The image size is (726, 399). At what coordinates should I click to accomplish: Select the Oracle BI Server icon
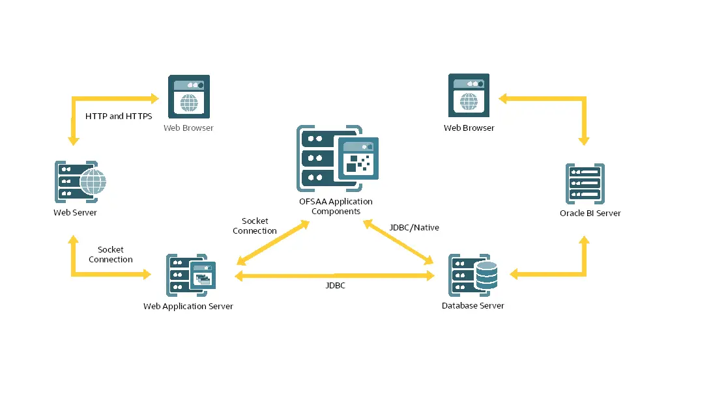(x=585, y=185)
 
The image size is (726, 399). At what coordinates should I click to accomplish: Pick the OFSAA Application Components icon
(x=338, y=158)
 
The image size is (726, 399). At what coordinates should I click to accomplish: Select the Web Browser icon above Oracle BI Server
(x=469, y=96)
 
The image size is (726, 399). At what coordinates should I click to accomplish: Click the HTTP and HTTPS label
(x=119, y=117)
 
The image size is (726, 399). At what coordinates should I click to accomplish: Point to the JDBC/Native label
(x=414, y=228)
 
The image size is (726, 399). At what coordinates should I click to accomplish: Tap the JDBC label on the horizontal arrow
(x=335, y=285)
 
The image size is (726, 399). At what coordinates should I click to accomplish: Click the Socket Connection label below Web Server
(x=111, y=255)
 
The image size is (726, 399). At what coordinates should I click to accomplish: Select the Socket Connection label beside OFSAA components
(x=255, y=226)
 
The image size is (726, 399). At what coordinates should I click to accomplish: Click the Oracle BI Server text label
(x=590, y=213)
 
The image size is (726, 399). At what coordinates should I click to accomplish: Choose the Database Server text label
(x=472, y=306)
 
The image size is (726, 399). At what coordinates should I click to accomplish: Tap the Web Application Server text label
(x=188, y=307)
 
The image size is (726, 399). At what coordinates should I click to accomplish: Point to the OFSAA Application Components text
(x=336, y=206)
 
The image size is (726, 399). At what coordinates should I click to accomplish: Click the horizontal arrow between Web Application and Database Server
(x=335, y=276)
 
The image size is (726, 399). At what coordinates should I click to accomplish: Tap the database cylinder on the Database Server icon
(x=486, y=275)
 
